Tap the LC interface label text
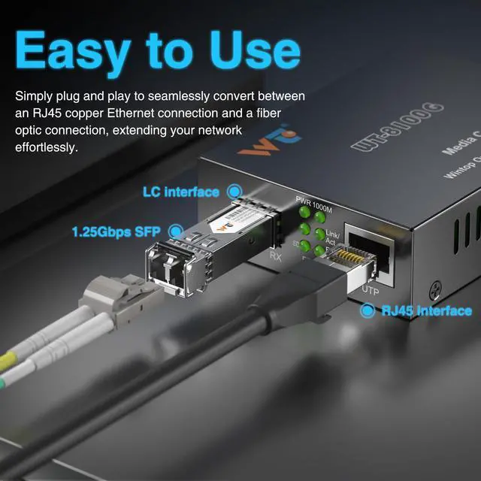181,192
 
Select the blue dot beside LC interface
235,192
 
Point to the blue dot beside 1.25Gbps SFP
176,231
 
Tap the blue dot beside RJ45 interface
368,310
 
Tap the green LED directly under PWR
305,216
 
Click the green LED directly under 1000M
320,216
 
